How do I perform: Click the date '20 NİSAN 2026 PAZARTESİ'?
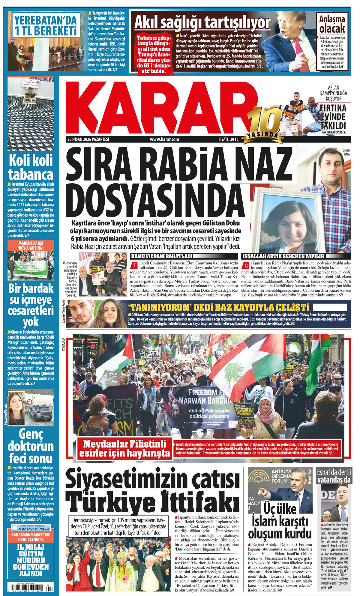pos(88,139)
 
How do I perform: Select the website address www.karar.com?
pos(164,139)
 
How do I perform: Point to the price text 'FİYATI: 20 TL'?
pos(228,139)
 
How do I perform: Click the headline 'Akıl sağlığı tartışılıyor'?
pos(202,22)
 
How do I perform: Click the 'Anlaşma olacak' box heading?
pos(332,24)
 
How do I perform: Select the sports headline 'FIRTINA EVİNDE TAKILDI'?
pos(333,116)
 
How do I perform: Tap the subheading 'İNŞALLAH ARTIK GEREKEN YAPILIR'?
pos(283,256)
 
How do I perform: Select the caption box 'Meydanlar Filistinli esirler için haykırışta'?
pos(124,448)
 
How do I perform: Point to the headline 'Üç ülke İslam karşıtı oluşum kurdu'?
pos(280,522)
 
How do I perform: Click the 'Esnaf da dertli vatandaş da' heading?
pos(334,476)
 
